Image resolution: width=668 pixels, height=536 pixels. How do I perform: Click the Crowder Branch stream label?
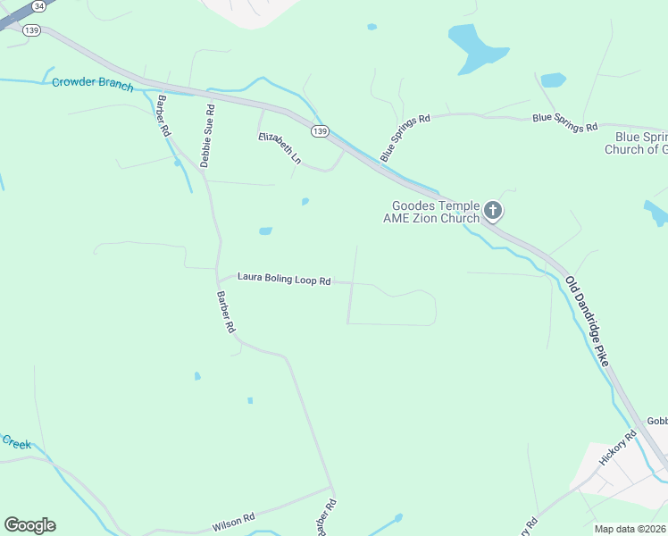pos(92,85)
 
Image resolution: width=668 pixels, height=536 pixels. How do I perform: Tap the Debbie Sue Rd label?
pos(207,136)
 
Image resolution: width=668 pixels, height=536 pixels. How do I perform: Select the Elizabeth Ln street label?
pos(280,148)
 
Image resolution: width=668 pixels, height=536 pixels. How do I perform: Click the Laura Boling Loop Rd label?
pos(284,280)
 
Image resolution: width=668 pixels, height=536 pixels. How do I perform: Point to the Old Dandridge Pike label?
pos(588,319)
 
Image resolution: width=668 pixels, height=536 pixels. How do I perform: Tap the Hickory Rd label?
pos(618,447)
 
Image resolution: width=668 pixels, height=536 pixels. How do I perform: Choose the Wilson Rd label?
pos(233,521)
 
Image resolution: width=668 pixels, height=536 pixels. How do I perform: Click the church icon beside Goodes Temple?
pos(493,212)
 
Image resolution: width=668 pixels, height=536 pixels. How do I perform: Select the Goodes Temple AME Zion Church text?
pos(431,212)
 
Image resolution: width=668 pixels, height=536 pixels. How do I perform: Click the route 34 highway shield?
pos(38,5)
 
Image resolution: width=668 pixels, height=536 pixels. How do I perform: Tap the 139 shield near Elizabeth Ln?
pos(321,131)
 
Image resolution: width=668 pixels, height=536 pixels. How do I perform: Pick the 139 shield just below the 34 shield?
pos(33,29)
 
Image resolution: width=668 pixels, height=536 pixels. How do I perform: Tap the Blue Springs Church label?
pos(636,143)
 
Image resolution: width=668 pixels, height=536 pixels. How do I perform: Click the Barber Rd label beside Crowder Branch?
pos(164,114)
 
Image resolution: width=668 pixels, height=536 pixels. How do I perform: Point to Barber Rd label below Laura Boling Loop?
pos(227,312)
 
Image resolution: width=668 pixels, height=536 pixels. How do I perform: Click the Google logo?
pos(29,525)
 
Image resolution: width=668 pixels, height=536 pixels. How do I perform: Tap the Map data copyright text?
pos(630,529)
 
